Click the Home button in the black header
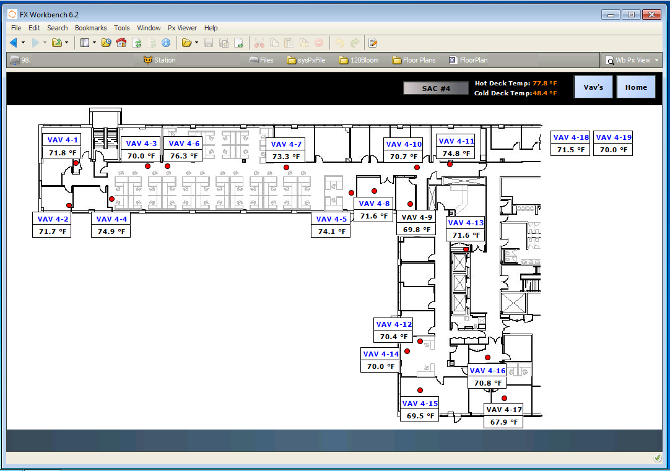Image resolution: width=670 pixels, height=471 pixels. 636,87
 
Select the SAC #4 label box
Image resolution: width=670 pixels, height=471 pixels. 436,89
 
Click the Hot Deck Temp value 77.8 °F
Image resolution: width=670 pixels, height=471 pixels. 545,83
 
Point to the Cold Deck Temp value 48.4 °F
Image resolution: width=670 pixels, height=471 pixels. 545,93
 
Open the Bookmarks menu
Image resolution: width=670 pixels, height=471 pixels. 90,28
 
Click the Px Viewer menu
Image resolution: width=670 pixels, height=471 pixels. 182,28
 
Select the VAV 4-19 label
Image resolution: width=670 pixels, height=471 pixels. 613,137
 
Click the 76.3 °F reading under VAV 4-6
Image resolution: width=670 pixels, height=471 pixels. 184,156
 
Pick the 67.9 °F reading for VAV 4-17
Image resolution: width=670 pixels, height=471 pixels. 503,423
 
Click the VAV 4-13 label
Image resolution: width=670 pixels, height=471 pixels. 466,223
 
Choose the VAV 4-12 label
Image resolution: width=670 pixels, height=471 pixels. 394,324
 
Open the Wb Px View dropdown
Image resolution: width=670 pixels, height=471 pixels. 632,60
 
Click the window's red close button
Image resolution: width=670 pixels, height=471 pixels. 651,14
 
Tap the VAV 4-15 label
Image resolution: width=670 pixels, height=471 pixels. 420,404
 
